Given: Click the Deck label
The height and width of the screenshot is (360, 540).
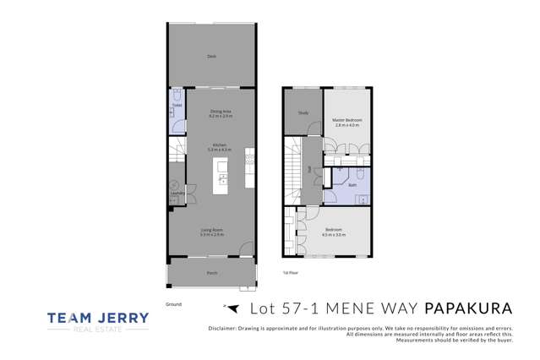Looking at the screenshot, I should pos(211,56).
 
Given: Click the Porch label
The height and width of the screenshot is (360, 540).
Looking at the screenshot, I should pos(211,273).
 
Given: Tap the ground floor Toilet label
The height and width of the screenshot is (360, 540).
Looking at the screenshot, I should pos(177,104).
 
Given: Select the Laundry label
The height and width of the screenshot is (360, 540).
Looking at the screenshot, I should pos(177,193).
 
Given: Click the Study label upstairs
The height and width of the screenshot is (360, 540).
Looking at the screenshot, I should pos(302,113).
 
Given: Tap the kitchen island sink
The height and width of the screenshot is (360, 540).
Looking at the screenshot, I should pos(222,178).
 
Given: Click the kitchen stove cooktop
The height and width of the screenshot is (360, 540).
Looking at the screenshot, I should pos(250,157).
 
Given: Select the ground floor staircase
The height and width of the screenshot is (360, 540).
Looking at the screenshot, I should pos(177,154).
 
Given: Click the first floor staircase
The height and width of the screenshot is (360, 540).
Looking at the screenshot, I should pos(293,169).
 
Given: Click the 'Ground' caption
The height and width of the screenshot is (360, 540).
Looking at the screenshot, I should pos(173,303).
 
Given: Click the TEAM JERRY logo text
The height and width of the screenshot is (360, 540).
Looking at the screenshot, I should pos(98,319).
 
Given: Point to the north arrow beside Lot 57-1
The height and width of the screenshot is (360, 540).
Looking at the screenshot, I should pos(223,307).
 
